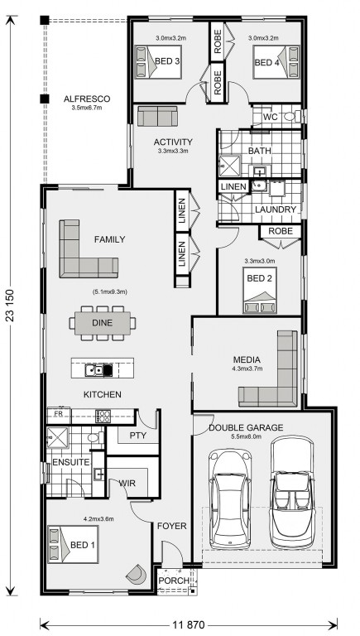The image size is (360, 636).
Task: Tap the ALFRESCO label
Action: pyautogui.click(x=87, y=99)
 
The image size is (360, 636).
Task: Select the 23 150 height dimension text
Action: pyautogui.click(x=11, y=306)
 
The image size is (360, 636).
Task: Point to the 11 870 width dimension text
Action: pyautogui.click(x=189, y=624)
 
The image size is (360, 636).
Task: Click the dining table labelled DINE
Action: pyautogui.click(x=102, y=323)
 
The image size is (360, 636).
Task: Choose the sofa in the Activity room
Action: pyautogui.click(x=158, y=117)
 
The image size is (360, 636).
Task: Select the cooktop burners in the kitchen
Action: pyautogui.click(x=103, y=417)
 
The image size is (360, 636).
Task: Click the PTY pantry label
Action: pyautogui.click(x=138, y=436)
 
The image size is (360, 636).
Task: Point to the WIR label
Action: pyautogui.click(x=127, y=484)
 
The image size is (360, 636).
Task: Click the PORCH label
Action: pyautogui.click(x=174, y=581)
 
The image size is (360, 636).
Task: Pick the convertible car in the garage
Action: pyautogui.click(x=291, y=492)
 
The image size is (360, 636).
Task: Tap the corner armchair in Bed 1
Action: pyautogui.click(x=137, y=573)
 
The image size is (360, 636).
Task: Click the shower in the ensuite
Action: pyautogui.click(x=58, y=437)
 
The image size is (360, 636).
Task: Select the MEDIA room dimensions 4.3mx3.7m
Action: pyautogui.click(x=247, y=369)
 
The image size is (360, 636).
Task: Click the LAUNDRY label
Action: pyautogui.click(x=276, y=210)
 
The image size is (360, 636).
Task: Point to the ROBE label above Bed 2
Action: pyautogui.click(x=281, y=231)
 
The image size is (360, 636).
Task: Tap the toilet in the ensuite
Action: pyautogui.click(x=94, y=437)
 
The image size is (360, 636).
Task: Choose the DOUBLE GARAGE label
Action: pyautogui.click(x=246, y=427)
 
